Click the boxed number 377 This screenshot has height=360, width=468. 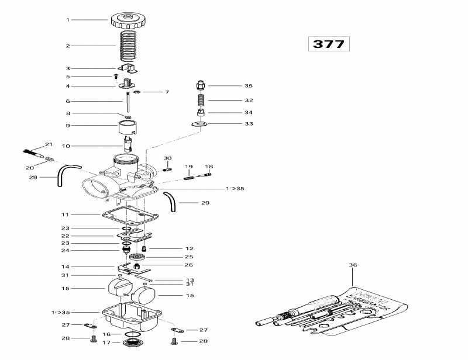pos(328,44)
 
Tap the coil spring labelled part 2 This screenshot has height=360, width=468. pos(128,46)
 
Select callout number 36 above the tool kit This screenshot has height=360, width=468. pos(352,265)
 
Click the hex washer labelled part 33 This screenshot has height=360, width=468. pos(200,124)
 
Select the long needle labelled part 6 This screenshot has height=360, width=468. pos(126,102)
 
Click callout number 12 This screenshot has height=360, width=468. pos(190,248)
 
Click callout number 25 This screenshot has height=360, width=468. pos(190,257)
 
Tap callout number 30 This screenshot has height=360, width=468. pos(167,158)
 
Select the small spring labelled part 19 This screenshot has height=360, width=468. pos(188,170)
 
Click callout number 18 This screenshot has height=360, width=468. pos(209,167)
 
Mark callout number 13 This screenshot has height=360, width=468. pos(190,280)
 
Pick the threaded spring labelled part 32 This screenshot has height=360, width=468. pos(200,100)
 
